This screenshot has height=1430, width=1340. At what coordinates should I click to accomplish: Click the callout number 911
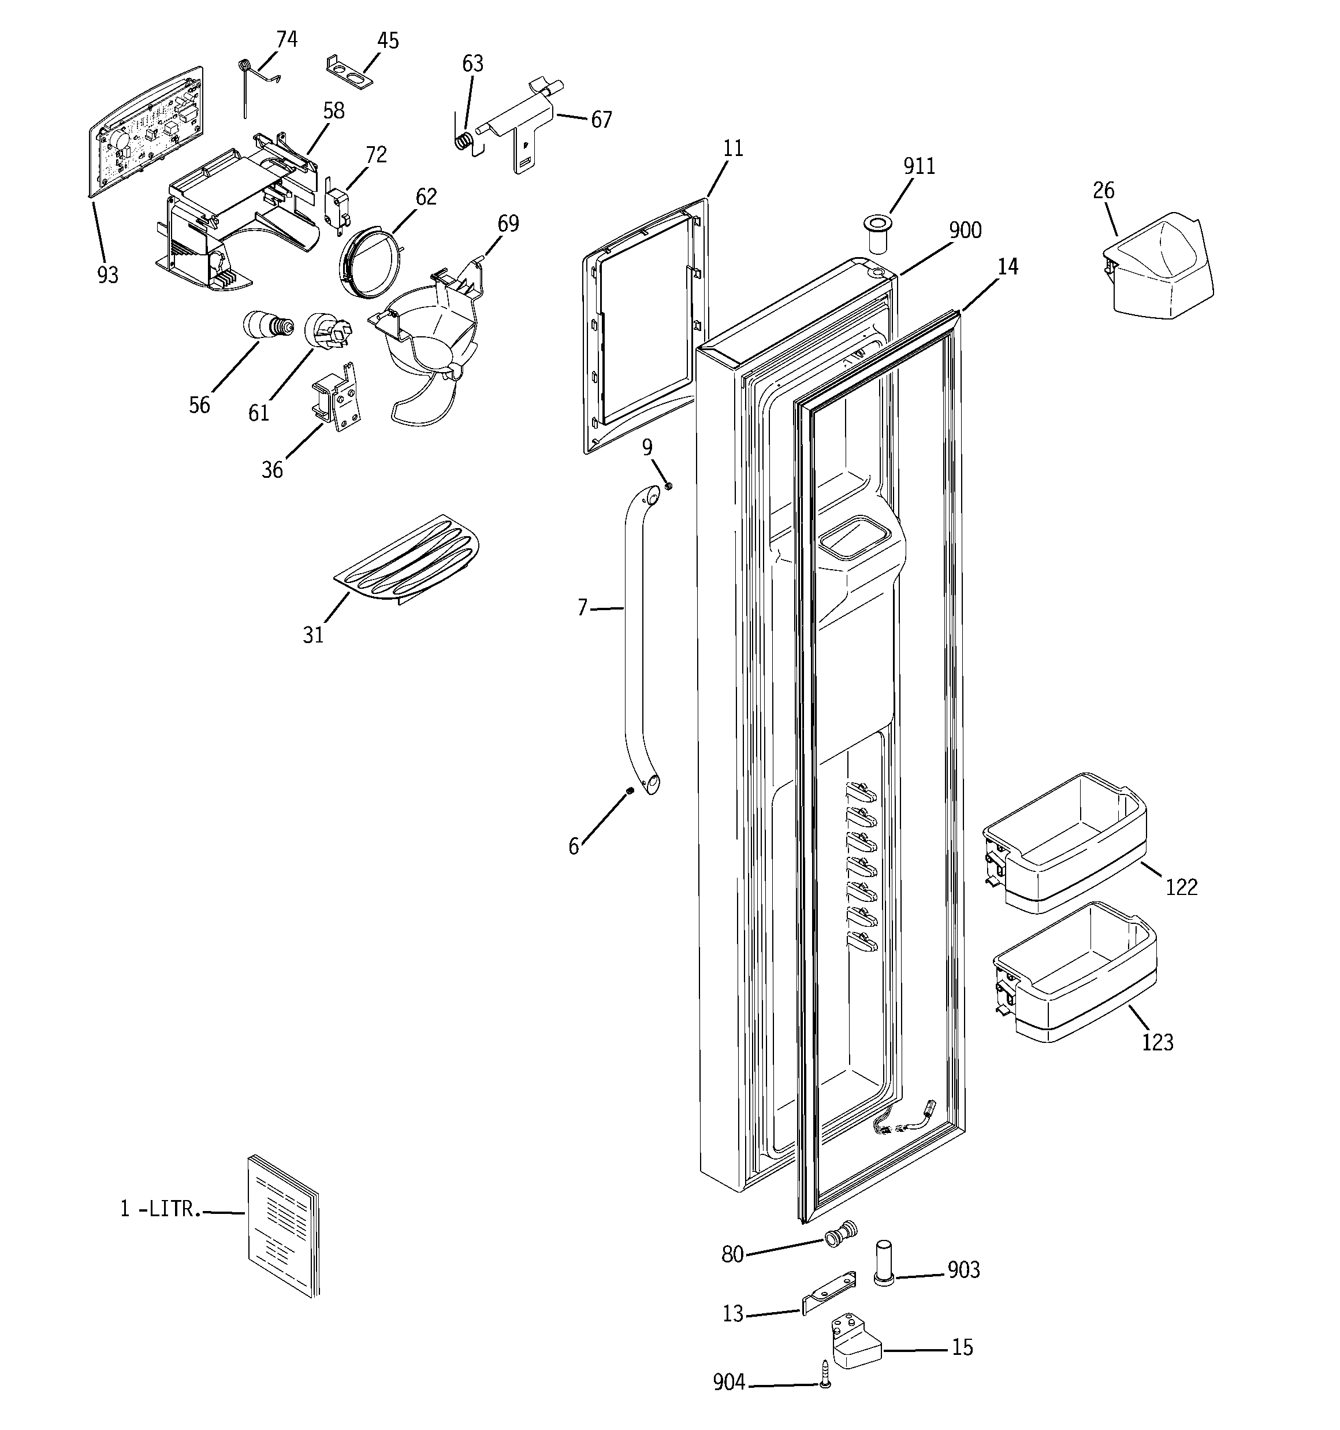tap(918, 166)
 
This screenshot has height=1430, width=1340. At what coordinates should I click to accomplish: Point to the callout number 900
tap(965, 230)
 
